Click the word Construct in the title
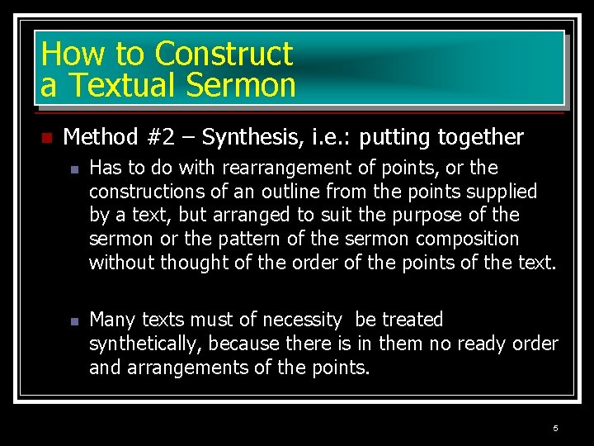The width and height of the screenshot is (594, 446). click(223, 54)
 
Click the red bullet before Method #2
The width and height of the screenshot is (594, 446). click(46, 137)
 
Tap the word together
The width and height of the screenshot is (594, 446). click(481, 136)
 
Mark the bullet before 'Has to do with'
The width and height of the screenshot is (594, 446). click(73, 169)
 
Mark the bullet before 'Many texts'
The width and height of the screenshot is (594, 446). click(73, 320)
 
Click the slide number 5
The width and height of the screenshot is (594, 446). click(555, 428)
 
